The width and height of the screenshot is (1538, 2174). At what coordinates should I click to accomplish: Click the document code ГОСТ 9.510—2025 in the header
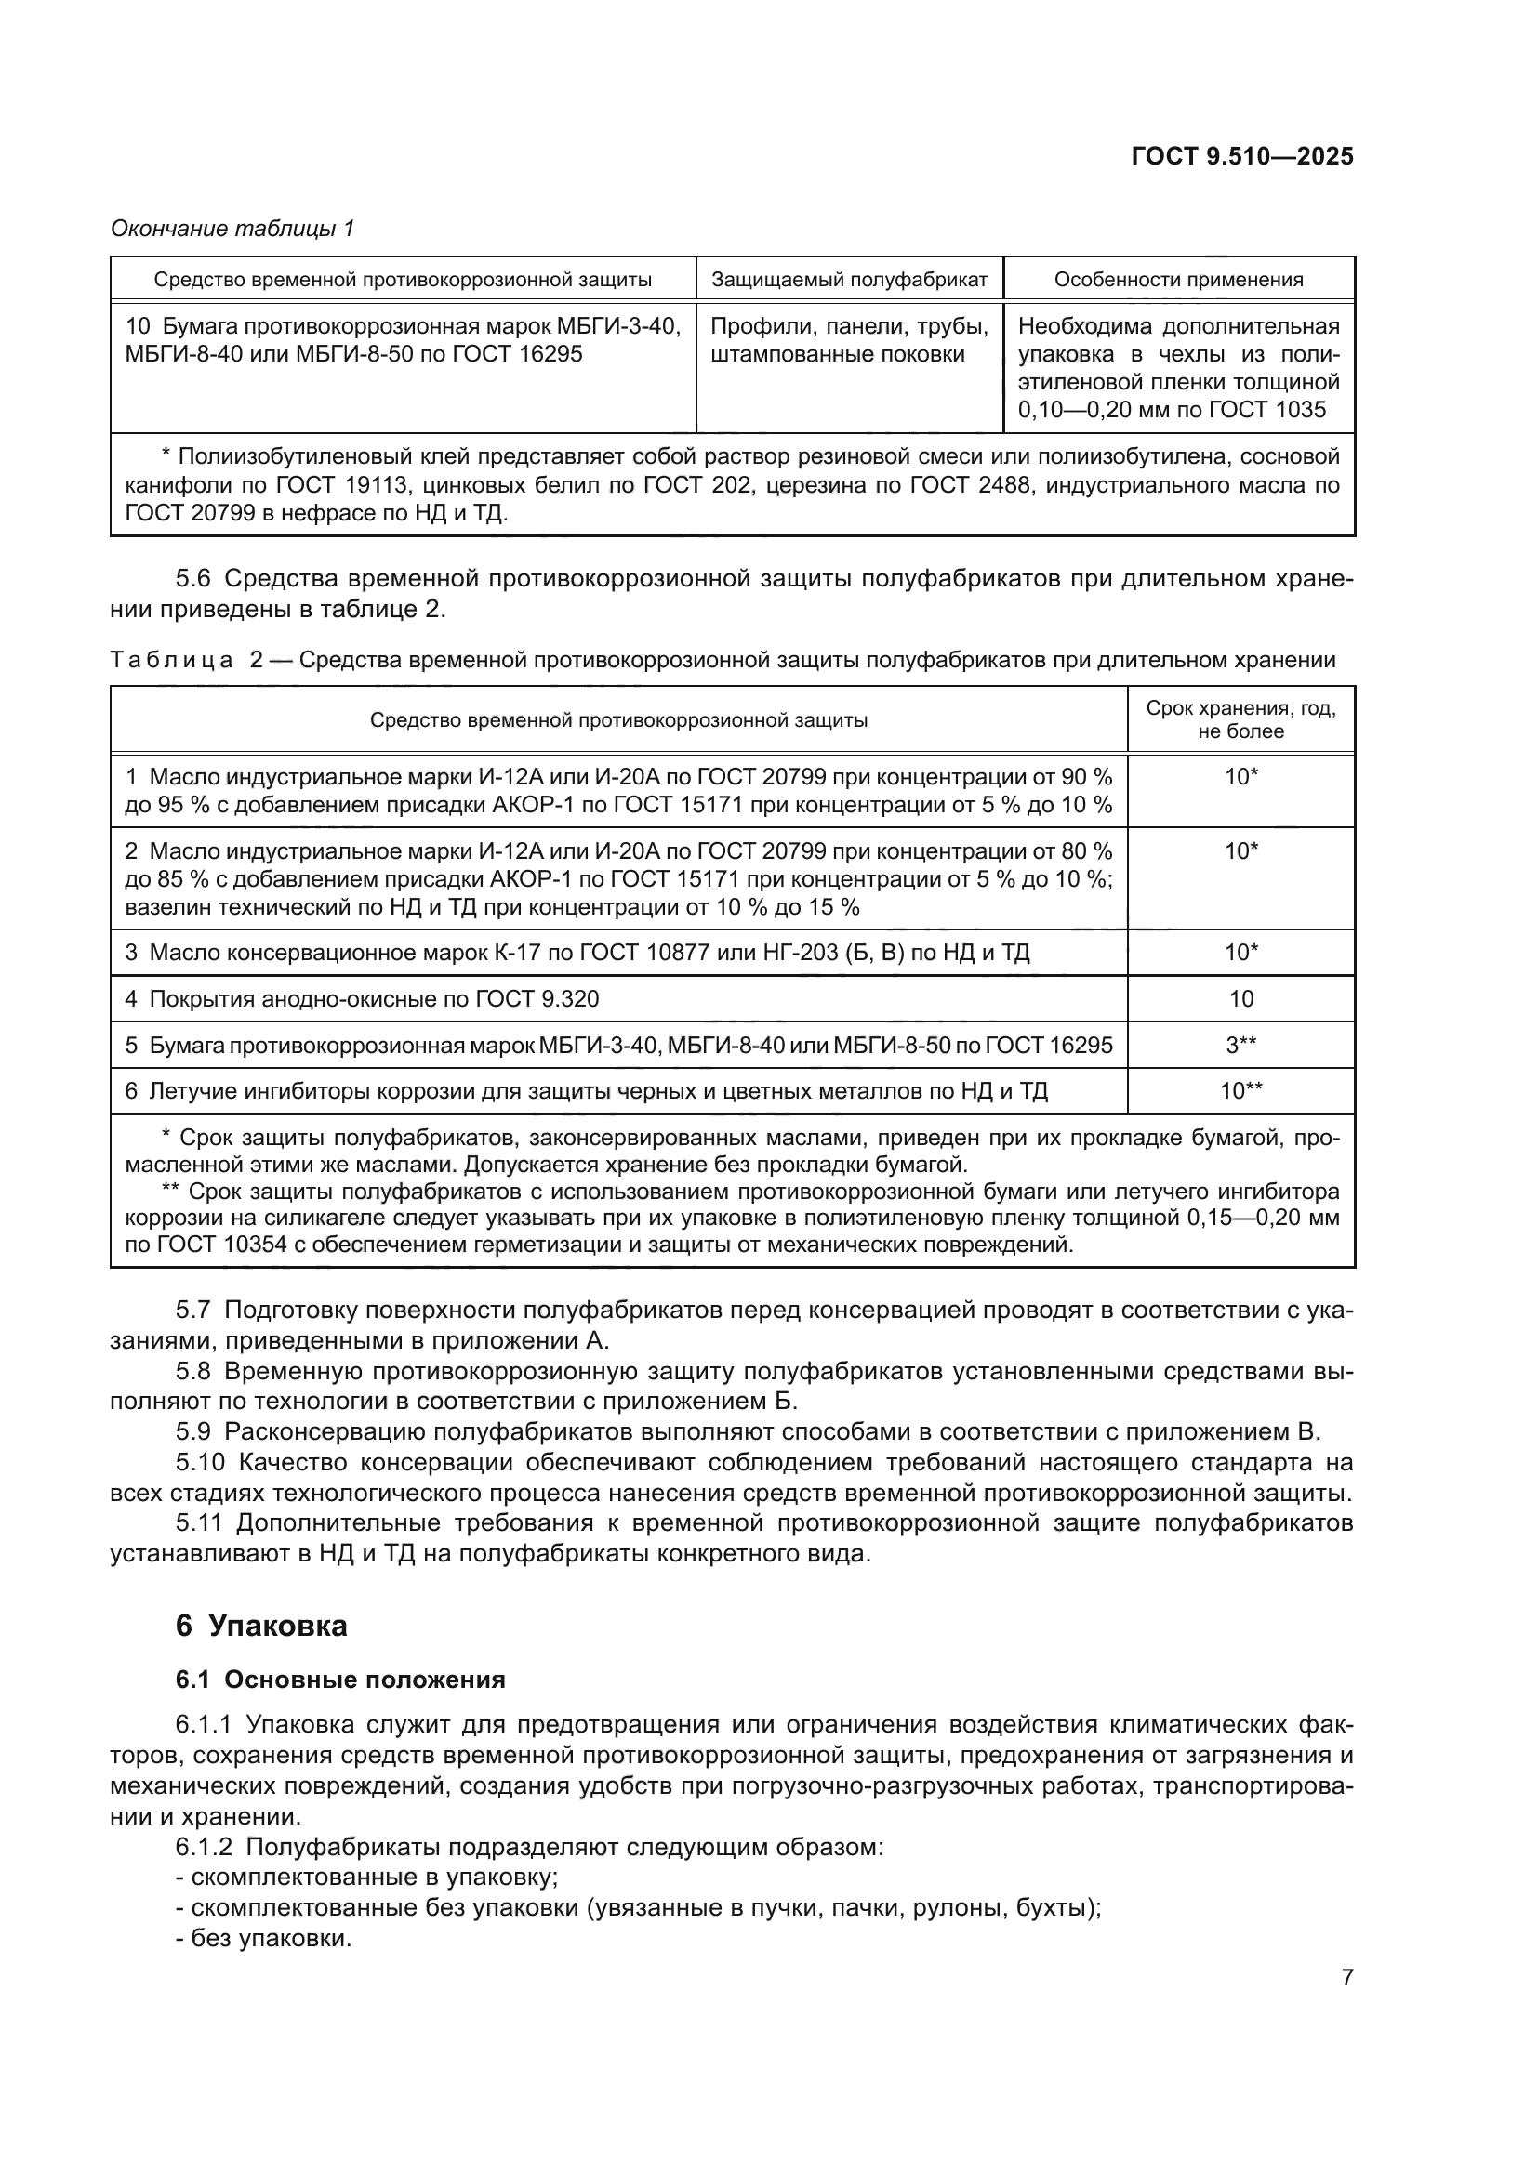pyautogui.click(x=1241, y=156)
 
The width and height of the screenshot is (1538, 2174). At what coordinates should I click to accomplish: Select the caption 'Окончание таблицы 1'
pyautogui.click(x=232, y=229)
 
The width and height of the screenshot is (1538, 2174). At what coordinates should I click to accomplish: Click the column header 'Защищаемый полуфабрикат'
pyautogui.click(x=849, y=280)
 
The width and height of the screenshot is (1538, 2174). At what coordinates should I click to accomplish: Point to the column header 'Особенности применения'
pyautogui.click(x=1178, y=280)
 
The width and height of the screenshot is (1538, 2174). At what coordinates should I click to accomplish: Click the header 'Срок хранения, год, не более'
pyautogui.click(x=1240, y=719)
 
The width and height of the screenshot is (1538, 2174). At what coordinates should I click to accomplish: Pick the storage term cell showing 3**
pyautogui.click(x=1240, y=1046)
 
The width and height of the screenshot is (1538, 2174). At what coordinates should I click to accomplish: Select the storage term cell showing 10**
pyautogui.click(x=1240, y=1091)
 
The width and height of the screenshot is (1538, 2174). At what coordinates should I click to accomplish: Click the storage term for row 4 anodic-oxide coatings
pyautogui.click(x=1240, y=999)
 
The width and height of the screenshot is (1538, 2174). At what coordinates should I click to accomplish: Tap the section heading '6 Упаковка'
pyautogui.click(x=261, y=1626)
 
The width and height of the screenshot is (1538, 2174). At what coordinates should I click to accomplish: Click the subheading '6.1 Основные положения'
pyautogui.click(x=340, y=1680)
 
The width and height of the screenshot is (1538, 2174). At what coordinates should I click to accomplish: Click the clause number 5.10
pyautogui.click(x=200, y=1463)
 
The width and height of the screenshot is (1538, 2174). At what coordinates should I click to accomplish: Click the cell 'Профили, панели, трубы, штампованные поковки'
pyautogui.click(x=849, y=341)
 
